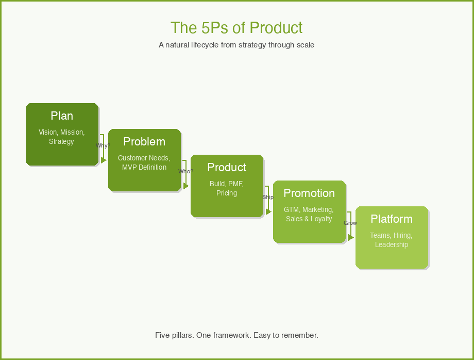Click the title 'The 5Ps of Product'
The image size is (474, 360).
[x=236, y=28]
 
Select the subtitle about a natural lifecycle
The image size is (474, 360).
[x=236, y=45]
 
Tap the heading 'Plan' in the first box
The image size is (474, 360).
[x=62, y=116]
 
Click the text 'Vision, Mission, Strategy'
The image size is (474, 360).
[x=62, y=137]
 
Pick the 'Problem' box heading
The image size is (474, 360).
[x=144, y=142]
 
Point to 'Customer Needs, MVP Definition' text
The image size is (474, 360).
[x=144, y=162]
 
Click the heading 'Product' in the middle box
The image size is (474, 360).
[x=227, y=168]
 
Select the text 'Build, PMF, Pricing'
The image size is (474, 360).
[x=227, y=188]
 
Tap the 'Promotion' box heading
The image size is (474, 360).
[x=309, y=193]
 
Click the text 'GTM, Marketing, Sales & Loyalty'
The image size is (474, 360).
[x=309, y=214]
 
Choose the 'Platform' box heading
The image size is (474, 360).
[x=392, y=219]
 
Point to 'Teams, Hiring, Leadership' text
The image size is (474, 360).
[x=392, y=240]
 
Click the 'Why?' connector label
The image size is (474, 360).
[x=103, y=146]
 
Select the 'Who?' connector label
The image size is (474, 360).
[x=185, y=171]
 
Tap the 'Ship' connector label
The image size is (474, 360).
[x=268, y=197]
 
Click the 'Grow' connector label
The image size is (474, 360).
[x=350, y=223]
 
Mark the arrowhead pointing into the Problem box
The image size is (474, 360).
[x=104, y=160]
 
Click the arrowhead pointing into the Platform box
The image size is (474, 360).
[x=351, y=237]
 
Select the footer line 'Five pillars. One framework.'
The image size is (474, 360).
[x=236, y=335]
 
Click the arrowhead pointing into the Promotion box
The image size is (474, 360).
[x=268, y=211]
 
